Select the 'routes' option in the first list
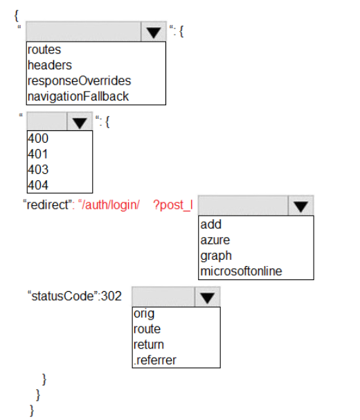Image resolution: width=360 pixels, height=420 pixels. pyautogui.click(x=44, y=50)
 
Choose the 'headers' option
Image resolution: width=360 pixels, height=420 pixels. pyautogui.click(x=50, y=65)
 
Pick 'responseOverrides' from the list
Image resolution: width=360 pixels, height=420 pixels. pyautogui.click(x=79, y=81)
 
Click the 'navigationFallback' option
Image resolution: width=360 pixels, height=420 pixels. pyautogui.click(x=78, y=96)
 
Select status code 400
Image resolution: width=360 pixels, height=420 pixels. pyautogui.click(x=38, y=139)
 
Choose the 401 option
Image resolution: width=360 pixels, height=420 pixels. pyautogui.click(x=38, y=154)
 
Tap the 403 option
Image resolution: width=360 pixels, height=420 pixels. pyautogui.click(x=38, y=170)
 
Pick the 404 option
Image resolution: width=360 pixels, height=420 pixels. pyautogui.click(x=38, y=185)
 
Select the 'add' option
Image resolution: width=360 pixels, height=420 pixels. pyautogui.click(x=211, y=225)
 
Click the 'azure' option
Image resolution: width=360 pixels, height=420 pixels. pyautogui.click(x=215, y=240)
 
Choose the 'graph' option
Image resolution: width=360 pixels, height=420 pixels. pyautogui.click(x=216, y=256)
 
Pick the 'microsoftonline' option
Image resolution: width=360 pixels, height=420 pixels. pyautogui.click(x=241, y=271)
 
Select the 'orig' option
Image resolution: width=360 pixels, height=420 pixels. pyautogui.click(x=144, y=314)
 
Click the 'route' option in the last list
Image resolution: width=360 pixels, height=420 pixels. pyautogui.click(x=147, y=329)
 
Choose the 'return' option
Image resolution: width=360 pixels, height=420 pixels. pyautogui.click(x=149, y=344)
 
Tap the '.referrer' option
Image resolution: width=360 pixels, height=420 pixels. pyautogui.click(x=155, y=360)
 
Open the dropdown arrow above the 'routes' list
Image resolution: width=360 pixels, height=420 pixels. pyautogui.click(x=154, y=32)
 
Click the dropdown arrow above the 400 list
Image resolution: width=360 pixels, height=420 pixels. pyautogui.click(x=80, y=123)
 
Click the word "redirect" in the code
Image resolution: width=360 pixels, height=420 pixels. pyautogui.click(x=48, y=205)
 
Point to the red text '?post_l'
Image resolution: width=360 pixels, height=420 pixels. pyautogui.click(x=173, y=206)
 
